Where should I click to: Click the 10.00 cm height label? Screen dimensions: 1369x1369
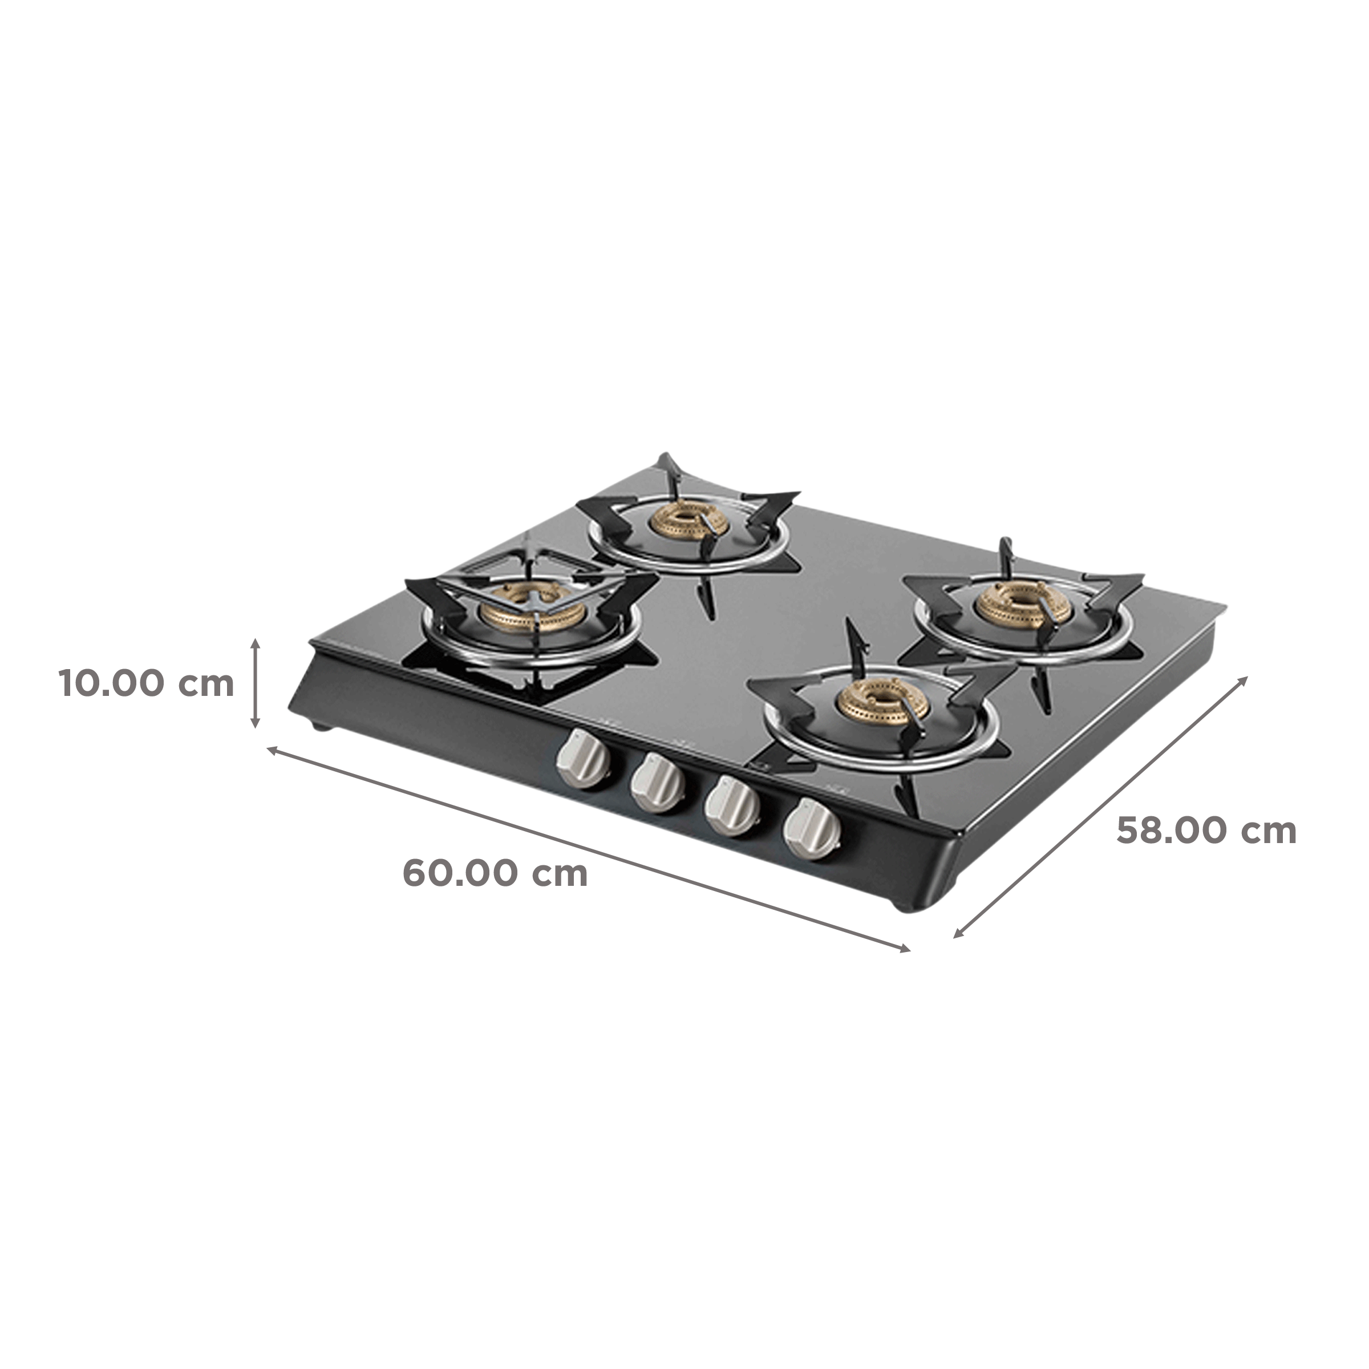click(x=145, y=684)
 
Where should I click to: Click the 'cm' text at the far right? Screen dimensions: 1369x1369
click(x=1269, y=831)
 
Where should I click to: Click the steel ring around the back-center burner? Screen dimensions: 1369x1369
click(x=691, y=565)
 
